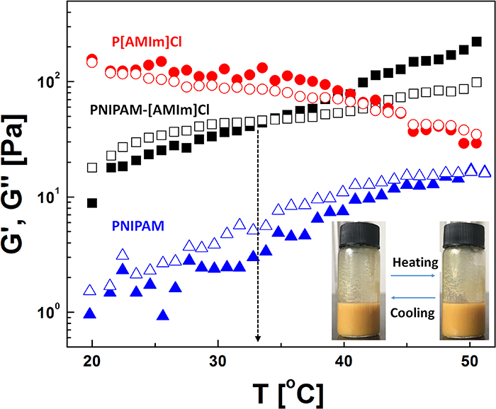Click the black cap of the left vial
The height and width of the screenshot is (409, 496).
click(x=361, y=231)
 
